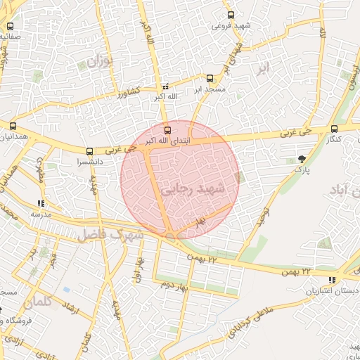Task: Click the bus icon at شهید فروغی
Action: tap(231, 15)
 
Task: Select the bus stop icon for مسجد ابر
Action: tap(210, 78)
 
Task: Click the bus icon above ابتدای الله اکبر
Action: tap(167, 130)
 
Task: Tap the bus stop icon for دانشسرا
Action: tap(89, 151)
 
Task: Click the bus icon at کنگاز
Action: tap(334, 129)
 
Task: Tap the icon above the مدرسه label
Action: tap(39, 203)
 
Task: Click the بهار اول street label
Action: tap(139, 269)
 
